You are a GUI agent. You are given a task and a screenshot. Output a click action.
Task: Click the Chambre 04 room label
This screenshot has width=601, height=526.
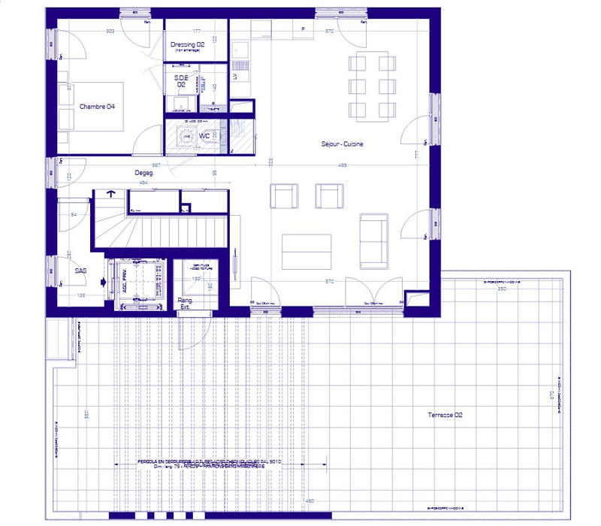click(x=98, y=107)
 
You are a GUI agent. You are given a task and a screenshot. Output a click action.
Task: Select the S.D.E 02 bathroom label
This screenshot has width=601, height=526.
click(x=180, y=80)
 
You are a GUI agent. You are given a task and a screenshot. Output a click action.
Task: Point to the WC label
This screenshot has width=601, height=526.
click(x=204, y=136)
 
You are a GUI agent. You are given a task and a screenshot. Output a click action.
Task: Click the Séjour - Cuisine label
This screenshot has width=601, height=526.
click(x=342, y=144)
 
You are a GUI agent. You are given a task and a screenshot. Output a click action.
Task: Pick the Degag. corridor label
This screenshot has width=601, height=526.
click(x=144, y=172)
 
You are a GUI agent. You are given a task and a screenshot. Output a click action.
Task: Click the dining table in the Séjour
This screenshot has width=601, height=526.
click(x=373, y=85)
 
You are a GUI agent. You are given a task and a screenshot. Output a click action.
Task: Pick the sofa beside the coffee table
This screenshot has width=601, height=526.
click(x=373, y=239)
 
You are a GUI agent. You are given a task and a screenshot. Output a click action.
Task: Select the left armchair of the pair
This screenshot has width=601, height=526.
click(x=284, y=195)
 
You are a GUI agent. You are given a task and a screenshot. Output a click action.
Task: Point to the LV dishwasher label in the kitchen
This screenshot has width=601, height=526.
click(x=235, y=77)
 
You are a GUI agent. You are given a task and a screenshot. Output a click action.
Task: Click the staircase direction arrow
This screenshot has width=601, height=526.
click(x=112, y=194)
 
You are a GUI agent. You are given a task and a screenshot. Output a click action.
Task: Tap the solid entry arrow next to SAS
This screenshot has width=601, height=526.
click(x=103, y=282)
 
